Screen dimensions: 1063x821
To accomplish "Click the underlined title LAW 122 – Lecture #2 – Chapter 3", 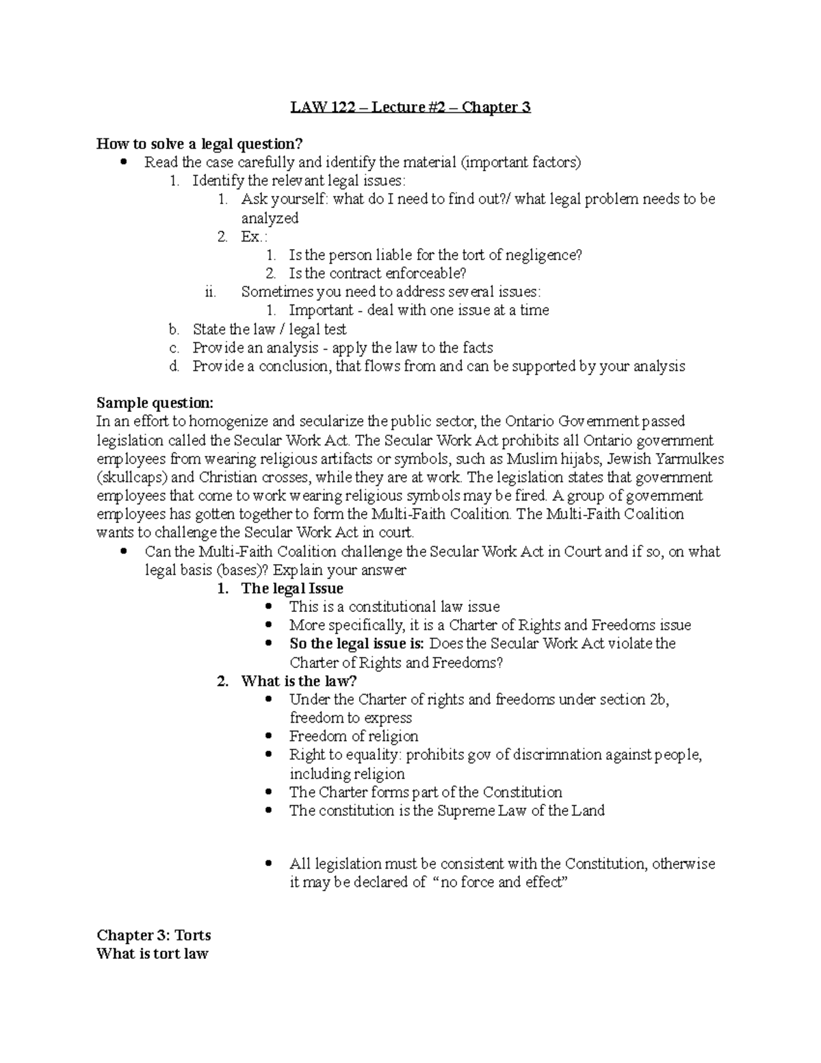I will (410, 107).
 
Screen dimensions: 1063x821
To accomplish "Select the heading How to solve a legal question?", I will (199, 144).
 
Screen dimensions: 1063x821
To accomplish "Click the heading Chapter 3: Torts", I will (154, 935).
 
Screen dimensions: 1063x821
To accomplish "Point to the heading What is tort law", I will (153, 953).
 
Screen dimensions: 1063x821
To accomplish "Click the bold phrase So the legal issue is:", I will (357, 643).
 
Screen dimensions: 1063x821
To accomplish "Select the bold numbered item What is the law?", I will (299, 681).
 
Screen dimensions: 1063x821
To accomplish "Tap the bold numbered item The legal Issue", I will (292, 589).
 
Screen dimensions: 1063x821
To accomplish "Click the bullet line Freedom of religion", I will (354, 737).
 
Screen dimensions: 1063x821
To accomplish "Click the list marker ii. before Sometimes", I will (211, 292).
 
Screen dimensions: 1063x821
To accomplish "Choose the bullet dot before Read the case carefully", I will (124, 163).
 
